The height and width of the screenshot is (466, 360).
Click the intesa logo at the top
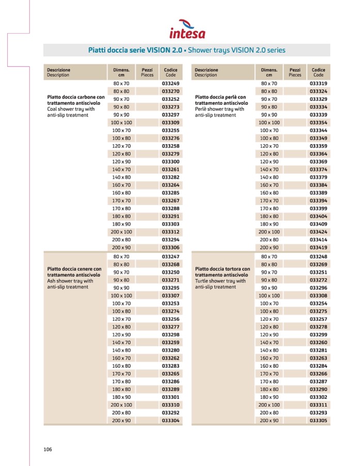[x=187, y=29]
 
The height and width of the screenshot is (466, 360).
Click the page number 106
[x=48, y=449]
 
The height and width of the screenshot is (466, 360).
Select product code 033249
[x=170, y=83]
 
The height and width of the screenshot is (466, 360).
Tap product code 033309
[x=170, y=122]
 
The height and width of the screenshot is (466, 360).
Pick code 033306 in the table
[x=170, y=247]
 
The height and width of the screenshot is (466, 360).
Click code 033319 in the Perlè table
[x=318, y=83]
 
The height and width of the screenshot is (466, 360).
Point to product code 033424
[x=318, y=232]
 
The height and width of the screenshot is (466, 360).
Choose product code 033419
[x=318, y=247]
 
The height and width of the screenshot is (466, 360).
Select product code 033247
[x=170, y=256]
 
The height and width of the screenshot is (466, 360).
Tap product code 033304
[x=170, y=421]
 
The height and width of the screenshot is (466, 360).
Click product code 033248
[x=318, y=256]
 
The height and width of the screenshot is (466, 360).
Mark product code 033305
[x=318, y=421]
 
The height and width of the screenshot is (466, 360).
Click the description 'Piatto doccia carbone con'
[x=75, y=97]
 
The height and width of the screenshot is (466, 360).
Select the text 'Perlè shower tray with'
[x=220, y=109]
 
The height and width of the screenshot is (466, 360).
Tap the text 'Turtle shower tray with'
[x=221, y=281]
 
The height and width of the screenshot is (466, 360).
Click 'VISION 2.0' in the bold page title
[x=165, y=50]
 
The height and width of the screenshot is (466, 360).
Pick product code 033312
[x=170, y=232]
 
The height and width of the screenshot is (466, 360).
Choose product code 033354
[x=318, y=122]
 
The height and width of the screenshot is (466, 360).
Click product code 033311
[x=318, y=405]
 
